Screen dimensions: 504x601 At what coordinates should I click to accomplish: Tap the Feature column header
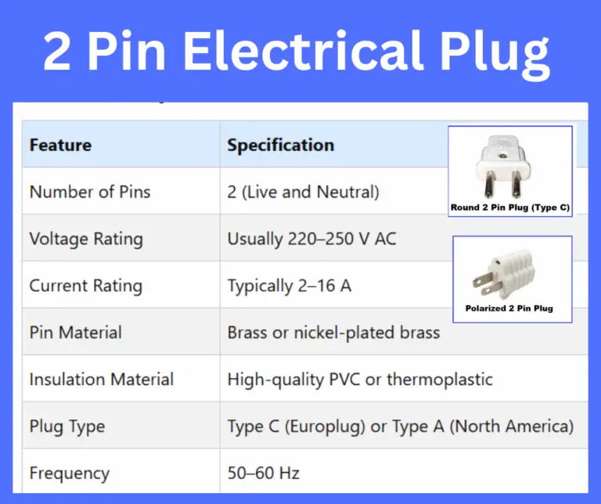click(60, 145)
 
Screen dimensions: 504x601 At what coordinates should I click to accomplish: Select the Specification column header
click(280, 145)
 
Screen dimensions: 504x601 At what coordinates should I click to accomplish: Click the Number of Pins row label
click(89, 192)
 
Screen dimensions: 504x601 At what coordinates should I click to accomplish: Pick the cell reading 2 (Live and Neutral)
click(303, 192)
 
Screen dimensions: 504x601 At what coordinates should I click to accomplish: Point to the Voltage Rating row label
click(86, 239)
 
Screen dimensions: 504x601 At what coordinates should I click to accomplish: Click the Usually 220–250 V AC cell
click(311, 239)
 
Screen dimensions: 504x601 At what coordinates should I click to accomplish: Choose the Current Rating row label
click(85, 286)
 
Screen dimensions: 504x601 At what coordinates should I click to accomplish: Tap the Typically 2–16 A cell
click(289, 286)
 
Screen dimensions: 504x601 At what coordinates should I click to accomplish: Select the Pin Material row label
click(75, 332)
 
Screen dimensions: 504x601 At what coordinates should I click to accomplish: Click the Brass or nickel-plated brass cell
click(333, 333)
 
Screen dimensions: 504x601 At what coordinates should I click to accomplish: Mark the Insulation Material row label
click(101, 380)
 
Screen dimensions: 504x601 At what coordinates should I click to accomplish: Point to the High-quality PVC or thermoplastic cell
click(360, 380)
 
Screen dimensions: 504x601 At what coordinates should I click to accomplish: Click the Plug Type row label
click(67, 427)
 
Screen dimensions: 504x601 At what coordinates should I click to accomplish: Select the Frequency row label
click(69, 473)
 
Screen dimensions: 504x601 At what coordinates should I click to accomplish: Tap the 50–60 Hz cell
click(263, 473)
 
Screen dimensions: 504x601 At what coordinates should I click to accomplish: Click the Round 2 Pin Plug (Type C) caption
click(509, 208)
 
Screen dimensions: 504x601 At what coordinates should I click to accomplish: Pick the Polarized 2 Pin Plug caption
click(509, 308)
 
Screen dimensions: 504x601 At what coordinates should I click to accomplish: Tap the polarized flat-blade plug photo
click(509, 272)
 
